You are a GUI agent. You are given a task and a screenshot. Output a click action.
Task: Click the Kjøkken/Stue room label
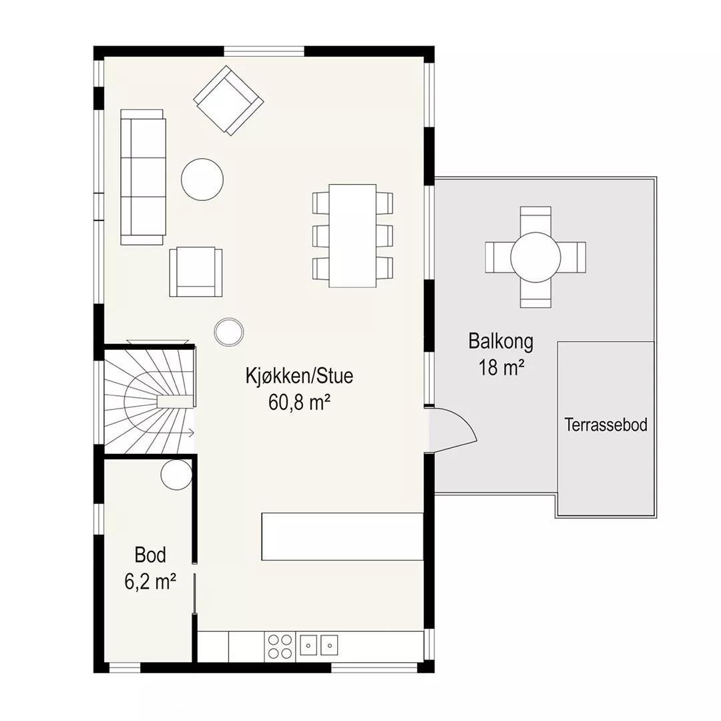point(299,376)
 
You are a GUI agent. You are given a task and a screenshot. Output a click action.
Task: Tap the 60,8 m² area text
point(299,403)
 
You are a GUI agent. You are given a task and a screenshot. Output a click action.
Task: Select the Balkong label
point(501,342)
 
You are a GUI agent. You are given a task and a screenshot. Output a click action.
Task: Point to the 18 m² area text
point(501,367)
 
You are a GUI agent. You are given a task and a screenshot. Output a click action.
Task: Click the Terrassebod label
point(606,425)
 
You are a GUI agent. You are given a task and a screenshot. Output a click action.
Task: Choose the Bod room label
point(150,555)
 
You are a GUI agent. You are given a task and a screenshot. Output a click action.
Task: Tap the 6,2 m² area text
point(150,581)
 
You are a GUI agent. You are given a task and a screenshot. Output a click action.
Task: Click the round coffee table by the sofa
point(202,180)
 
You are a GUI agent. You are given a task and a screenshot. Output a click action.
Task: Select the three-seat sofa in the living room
point(143,177)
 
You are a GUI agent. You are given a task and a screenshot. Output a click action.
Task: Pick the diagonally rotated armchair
point(228,101)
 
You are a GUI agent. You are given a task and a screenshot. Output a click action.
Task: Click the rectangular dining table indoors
point(352,236)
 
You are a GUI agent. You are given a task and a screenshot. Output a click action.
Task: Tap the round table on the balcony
point(535,257)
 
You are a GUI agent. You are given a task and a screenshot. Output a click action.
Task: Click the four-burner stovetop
point(280,646)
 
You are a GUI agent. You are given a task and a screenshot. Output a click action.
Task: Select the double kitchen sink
point(318,645)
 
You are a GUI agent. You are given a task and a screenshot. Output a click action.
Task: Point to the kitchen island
point(342,537)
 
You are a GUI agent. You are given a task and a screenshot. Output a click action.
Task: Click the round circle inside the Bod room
point(176,475)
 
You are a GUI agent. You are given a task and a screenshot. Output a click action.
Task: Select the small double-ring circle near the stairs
point(229,332)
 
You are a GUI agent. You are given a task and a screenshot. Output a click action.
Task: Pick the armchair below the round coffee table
point(196,272)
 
